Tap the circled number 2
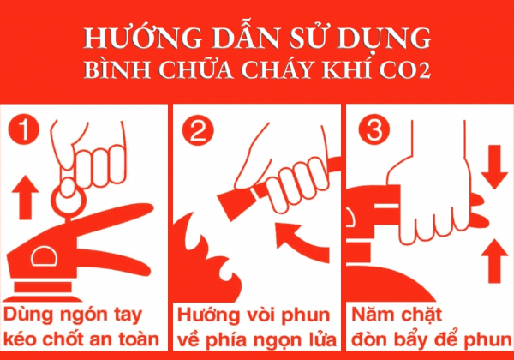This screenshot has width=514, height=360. pyautogui.click(x=199, y=130)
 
